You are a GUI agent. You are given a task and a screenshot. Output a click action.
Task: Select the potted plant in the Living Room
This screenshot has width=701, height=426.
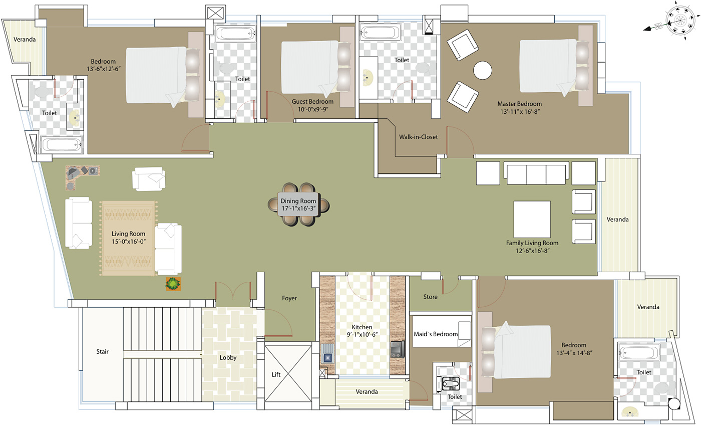pos(173,284)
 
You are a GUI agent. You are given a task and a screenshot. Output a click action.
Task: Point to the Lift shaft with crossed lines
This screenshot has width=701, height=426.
pos(287,374)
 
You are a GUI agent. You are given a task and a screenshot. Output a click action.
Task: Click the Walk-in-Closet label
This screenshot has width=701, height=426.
pos(418,137)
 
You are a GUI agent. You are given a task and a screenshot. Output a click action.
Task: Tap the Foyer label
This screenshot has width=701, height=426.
pos(289,298)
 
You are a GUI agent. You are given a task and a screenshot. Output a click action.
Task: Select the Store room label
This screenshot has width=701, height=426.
pos(430,297)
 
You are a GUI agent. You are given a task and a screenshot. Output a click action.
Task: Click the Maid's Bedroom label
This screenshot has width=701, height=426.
pos(436,334)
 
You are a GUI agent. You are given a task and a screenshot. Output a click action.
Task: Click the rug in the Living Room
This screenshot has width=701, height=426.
pos(129,239)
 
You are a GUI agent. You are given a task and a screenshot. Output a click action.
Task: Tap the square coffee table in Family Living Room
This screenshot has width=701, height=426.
pos(532,219)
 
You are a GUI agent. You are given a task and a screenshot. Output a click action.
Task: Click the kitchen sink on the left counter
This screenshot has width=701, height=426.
pos(328,357)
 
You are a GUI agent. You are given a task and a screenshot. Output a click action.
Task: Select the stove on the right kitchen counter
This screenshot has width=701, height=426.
pos(398,349)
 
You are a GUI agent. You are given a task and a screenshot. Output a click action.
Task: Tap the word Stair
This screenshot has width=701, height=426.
pos(102,351)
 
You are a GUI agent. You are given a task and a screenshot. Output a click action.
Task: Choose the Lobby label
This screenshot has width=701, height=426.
pos(228,358)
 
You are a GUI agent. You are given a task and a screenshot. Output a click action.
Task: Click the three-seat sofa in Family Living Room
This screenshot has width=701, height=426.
pos(536,173)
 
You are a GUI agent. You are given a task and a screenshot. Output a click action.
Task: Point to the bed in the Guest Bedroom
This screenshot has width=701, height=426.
pos(314,68)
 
